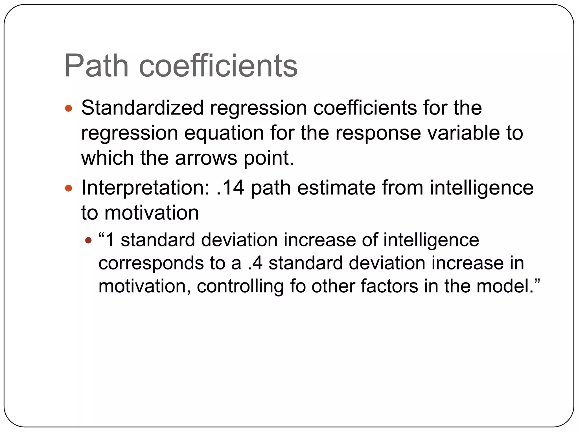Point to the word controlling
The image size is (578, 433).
pos(240,287)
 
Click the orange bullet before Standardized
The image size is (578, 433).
pos(69,108)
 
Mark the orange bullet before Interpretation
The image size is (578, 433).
pos(69,188)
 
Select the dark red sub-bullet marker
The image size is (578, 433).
pos(88,240)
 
